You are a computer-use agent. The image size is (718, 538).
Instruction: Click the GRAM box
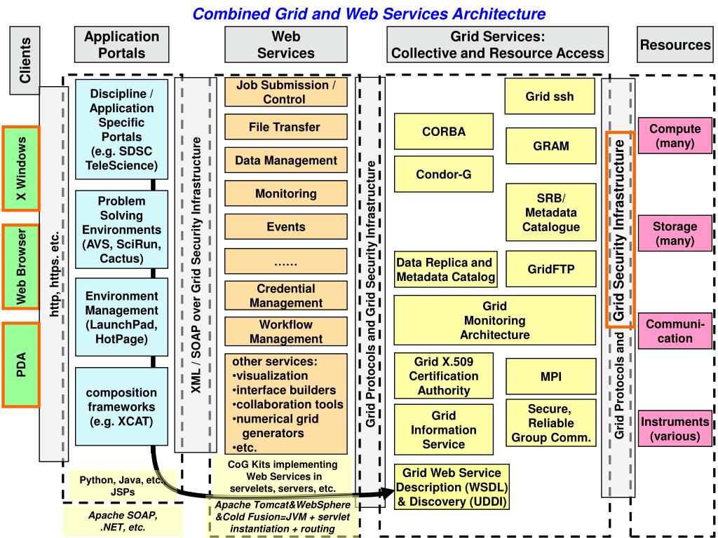click(550, 146)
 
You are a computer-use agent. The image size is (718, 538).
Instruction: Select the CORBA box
click(443, 131)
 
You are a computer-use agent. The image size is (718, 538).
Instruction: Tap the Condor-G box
click(443, 174)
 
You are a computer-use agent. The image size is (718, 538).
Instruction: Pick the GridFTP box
click(550, 269)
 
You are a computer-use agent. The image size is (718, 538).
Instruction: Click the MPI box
click(550, 377)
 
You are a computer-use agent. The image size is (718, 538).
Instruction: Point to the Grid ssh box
click(549, 96)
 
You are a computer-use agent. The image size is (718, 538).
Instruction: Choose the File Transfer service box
click(285, 127)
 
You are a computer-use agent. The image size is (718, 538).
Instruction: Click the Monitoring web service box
click(285, 193)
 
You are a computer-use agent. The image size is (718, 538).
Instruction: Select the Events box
click(285, 227)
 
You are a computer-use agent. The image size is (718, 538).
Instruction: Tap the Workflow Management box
click(285, 331)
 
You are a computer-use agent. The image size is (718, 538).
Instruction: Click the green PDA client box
click(21, 364)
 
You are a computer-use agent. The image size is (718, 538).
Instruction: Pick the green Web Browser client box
click(21, 266)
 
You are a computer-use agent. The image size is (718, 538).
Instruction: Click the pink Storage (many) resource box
click(675, 233)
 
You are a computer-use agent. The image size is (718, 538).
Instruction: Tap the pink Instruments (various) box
click(675, 429)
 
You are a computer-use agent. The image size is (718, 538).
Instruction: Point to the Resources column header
click(675, 45)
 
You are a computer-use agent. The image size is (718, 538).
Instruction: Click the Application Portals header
click(122, 44)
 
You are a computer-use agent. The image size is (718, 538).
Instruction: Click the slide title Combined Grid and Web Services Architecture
click(369, 13)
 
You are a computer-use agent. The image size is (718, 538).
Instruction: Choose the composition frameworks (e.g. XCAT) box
click(121, 407)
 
